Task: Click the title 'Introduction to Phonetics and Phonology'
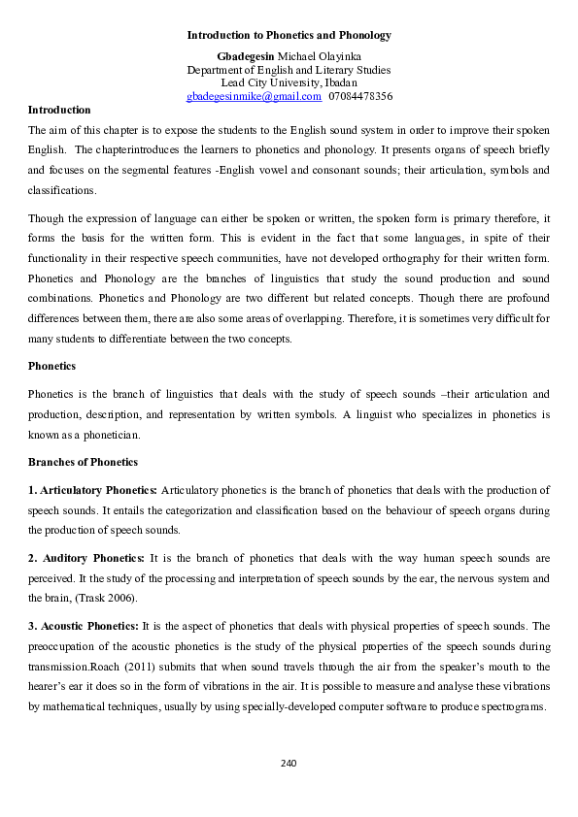[289, 35]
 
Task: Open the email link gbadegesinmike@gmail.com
[254, 97]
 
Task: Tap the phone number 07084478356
[360, 97]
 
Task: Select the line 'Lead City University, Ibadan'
[289, 83]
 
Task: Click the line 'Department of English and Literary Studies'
[289, 70]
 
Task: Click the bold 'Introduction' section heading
[59, 110]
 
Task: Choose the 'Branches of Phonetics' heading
[83, 462]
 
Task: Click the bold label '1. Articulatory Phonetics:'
[93, 490]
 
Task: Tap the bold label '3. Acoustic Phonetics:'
[84, 626]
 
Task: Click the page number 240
[289, 763]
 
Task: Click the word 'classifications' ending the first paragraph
[62, 190]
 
